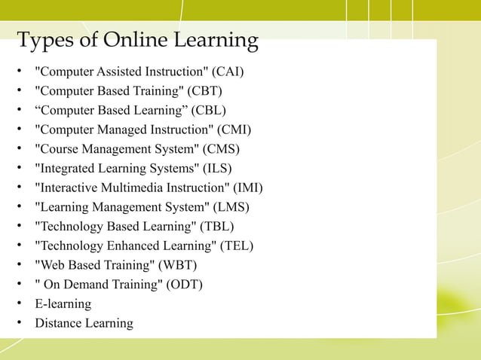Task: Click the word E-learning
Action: click(x=63, y=304)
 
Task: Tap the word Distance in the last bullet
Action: click(x=57, y=323)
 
